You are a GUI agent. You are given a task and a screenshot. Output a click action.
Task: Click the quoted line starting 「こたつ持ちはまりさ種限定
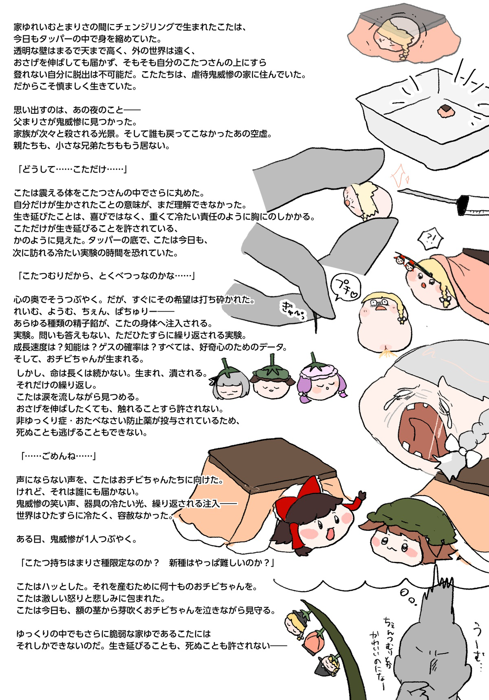(148, 564)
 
